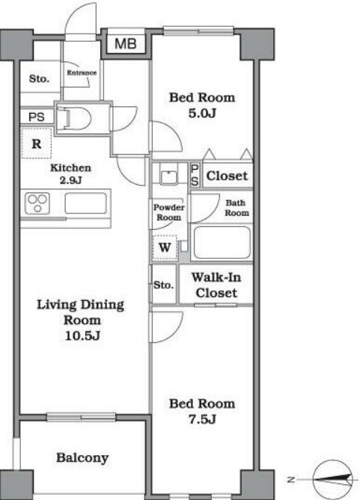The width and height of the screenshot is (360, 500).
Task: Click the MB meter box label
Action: tap(125, 43)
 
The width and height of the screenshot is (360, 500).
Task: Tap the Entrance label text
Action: tap(82, 73)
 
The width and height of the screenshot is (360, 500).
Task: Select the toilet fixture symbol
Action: tap(74, 118)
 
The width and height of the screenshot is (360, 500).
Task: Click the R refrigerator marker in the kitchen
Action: tap(37, 144)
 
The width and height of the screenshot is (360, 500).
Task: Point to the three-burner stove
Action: tap(37, 203)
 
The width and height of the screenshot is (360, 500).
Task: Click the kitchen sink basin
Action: tap(85, 203)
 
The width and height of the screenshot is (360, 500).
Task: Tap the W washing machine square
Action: tap(165, 247)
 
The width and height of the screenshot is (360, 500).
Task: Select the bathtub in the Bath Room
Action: tap(222, 243)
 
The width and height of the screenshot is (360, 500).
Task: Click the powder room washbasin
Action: tap(168, 177)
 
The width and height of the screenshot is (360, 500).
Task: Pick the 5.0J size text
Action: tap(202, 113)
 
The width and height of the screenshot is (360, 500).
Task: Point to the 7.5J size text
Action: tap(202, 419)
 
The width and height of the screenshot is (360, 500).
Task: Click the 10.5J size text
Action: tap(82, 335)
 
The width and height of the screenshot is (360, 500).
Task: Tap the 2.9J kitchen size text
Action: tap(71, 180)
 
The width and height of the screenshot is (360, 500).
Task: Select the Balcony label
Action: tap(82, 458)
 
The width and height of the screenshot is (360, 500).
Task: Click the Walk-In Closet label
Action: tap(216, 285)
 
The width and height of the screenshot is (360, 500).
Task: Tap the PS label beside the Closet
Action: tap(195, 175)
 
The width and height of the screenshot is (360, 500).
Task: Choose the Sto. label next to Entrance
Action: tap(39, 79)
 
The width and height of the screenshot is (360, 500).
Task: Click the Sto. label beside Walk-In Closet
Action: tap(164, 284)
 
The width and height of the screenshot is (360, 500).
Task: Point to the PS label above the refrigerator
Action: tap(37, 117)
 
